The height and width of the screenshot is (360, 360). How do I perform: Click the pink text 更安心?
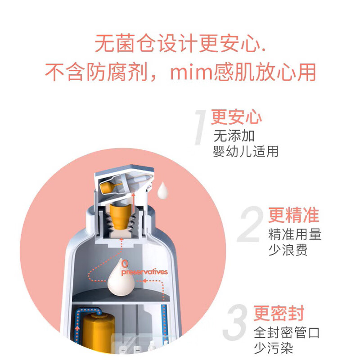pyautogui.click(x=236, y=117)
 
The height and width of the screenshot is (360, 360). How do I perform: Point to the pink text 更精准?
pyautogui.click(x=293, y=215)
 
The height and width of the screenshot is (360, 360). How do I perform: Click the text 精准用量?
pyautogui.click(x=295, y=234)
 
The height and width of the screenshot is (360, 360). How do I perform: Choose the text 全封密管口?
pyautogui.click(x=286, y=333)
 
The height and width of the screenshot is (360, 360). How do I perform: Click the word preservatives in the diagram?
pyautogui.click(x=144, y=272)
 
